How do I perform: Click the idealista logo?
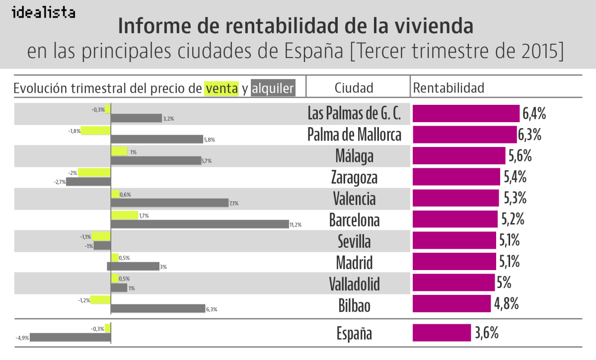pyautogui.click(x=43, y=12)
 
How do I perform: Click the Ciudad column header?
pyautogui.click(x=354, y=88)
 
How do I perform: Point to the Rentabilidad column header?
pyautogui.click(x=448, y=88)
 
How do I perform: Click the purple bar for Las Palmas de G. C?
pyautogui.click(x=465, y=114)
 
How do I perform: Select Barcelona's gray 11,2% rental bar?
pyautogui.click(x=200, y=224)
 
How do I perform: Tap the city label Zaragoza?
pyautogui.click(x=354, y=177)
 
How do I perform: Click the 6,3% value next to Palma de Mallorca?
pyautogui.click(x=529, y=135)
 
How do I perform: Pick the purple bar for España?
pyautogui.click(x=442, y=333)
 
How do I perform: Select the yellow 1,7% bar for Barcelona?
pyautogui.click(x=124, y=216)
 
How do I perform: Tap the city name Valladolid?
pyautogui.click(x=354, y=284)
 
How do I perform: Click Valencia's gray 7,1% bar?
pyautogui.click(x=169, y=203)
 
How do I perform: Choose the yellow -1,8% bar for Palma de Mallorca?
pyautogui.click(x=95, y=131)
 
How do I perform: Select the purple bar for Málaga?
pyautogui.click(x=458, y=156)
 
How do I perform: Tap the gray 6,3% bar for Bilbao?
pyautogui.click(x=157, y=308)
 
